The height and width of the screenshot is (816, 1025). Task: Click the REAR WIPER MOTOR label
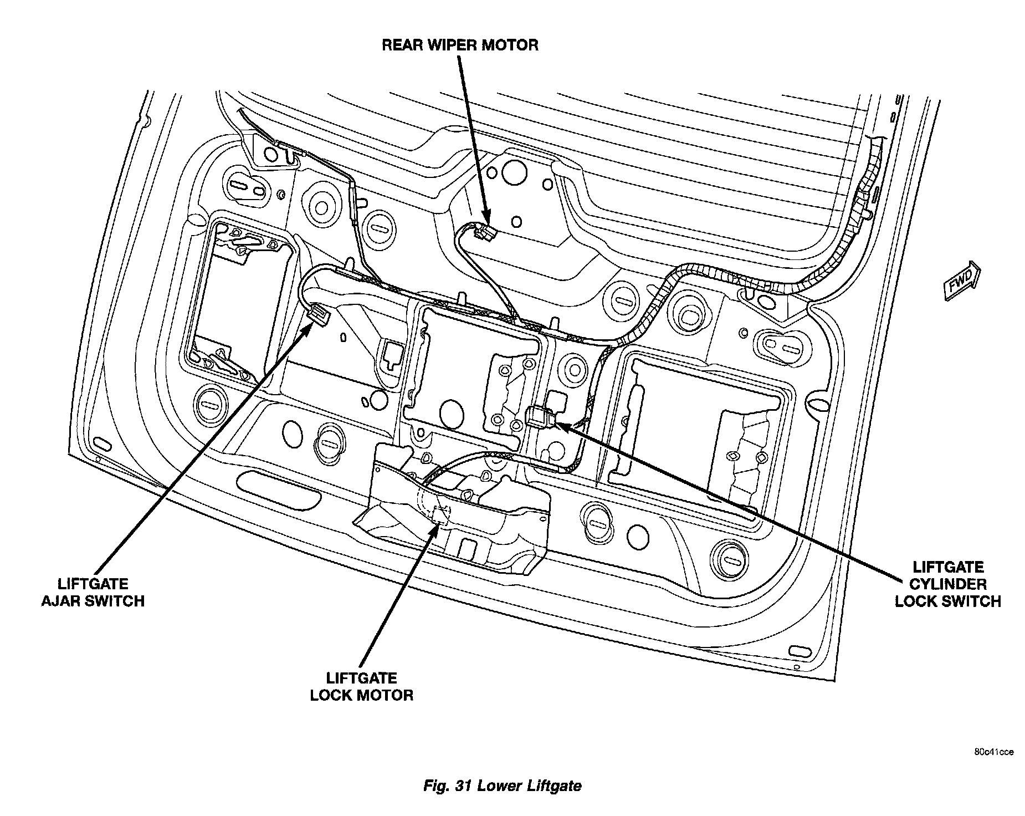459,45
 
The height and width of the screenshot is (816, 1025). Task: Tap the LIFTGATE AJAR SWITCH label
93,592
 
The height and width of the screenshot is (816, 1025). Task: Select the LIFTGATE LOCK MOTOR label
361,686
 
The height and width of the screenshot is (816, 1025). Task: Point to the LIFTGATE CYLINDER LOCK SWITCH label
947,584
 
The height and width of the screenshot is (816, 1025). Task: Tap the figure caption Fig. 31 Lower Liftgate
502,785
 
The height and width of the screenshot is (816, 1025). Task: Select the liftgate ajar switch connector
318,315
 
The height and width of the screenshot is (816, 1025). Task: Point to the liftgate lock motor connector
442,514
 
